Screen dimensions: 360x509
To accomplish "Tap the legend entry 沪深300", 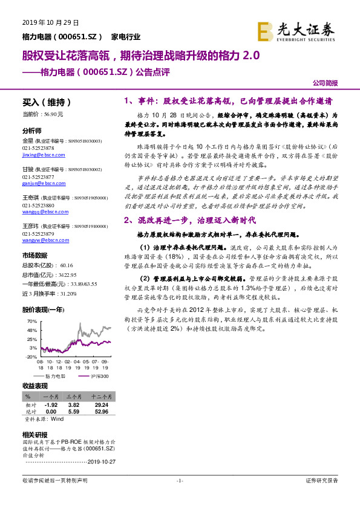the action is (100, 376).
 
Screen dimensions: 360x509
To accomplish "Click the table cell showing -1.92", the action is (51, 405).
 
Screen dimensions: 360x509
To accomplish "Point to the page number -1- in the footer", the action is (179, 481).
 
